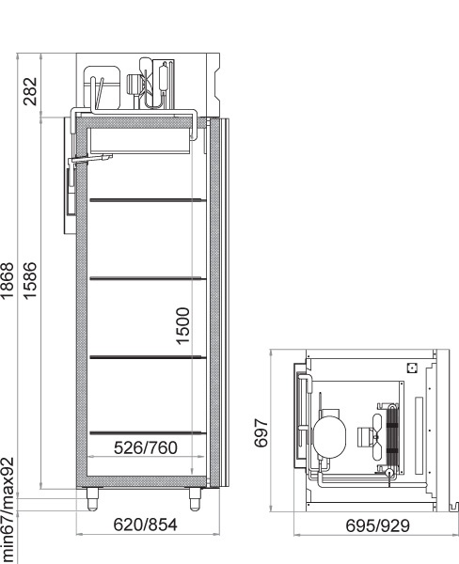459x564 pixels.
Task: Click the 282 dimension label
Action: [x=30, y=91]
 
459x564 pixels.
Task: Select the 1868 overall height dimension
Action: [x=8, y=281]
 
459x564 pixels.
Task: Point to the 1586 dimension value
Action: [x=30, y=281]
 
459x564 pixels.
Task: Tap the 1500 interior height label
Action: [x=182, y=326]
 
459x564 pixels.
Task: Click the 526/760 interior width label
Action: [x=146, y=447]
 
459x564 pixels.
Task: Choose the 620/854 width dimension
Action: [x=146, y=525]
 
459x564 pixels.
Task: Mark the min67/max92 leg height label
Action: [x=8, y=510]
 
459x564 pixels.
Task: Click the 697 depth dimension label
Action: [x=261, y=432]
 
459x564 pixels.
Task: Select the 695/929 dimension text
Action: [x=377, y=525]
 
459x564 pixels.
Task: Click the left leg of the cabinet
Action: [x=92, y=499]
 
